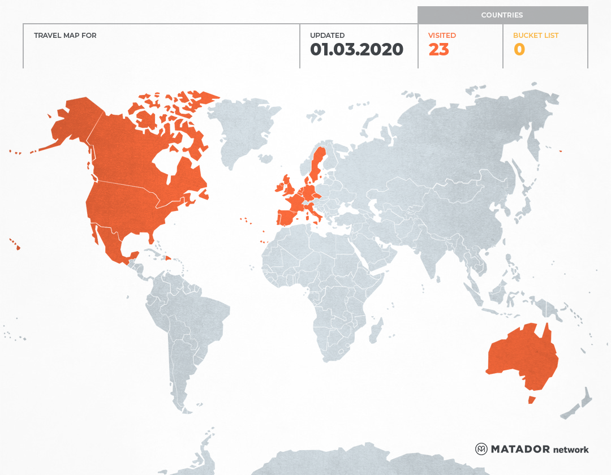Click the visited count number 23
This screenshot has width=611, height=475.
coord(438,50)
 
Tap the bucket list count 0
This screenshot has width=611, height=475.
coord(519,50)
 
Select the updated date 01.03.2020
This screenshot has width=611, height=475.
coord(356,50)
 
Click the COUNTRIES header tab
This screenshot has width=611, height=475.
coord(502,15)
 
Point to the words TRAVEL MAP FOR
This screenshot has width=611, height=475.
coord(65,36)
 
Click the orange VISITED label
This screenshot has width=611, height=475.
coord(442,36)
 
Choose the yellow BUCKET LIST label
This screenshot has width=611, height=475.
coord(535,36)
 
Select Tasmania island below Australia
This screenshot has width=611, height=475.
coord(531,400)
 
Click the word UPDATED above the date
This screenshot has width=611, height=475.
coord(327,36)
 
